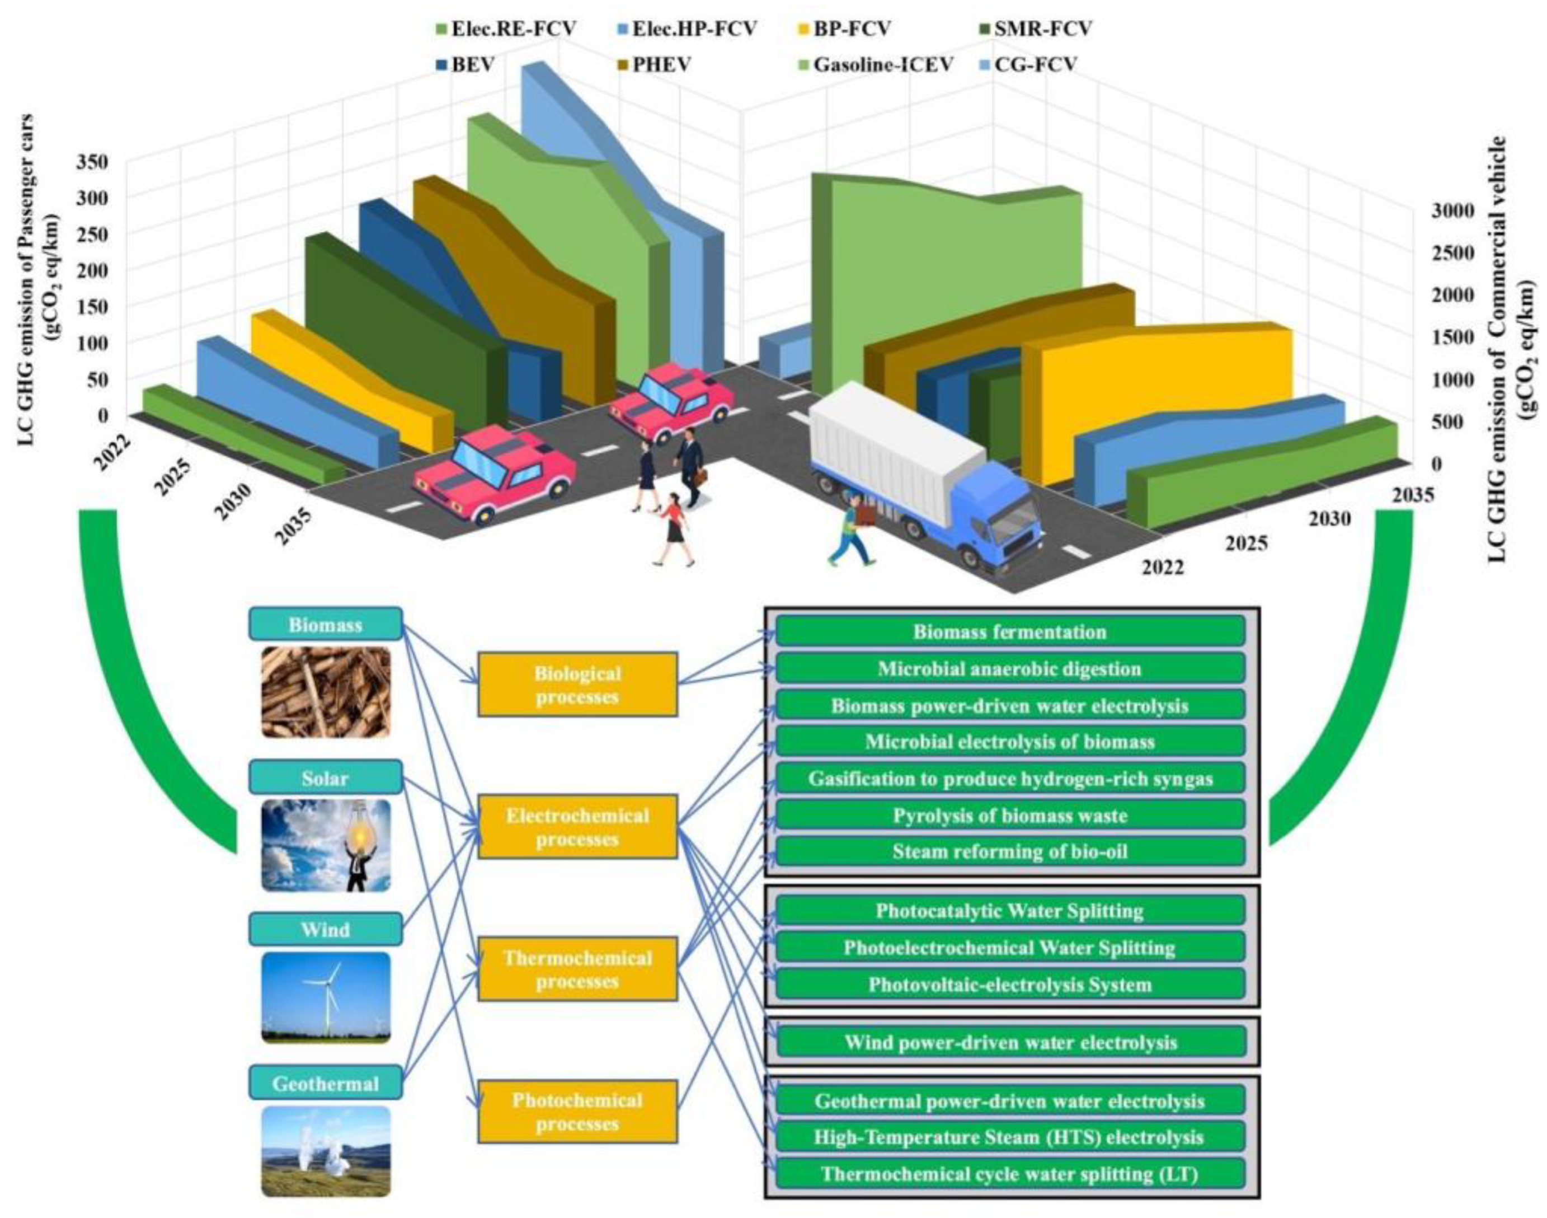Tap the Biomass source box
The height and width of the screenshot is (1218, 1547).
coord(325,625)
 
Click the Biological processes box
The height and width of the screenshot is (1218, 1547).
coord(577,685)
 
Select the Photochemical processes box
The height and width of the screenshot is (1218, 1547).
coord(577,1112)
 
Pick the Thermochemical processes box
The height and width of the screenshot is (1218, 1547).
coord(577,969)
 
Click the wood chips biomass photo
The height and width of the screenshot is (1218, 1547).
coord(326,692)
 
